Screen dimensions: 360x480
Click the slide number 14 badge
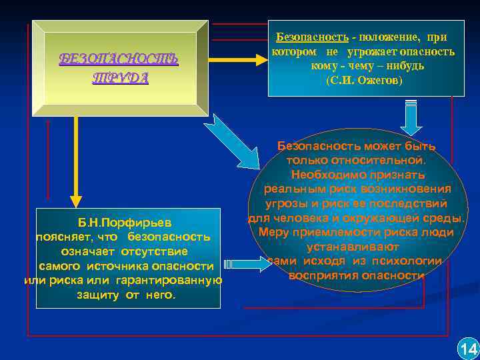(468, 348)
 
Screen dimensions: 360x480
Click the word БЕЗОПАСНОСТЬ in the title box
(119, 59)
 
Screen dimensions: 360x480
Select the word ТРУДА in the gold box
(120, 77)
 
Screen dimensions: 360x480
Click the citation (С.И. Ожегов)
(364, 80)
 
